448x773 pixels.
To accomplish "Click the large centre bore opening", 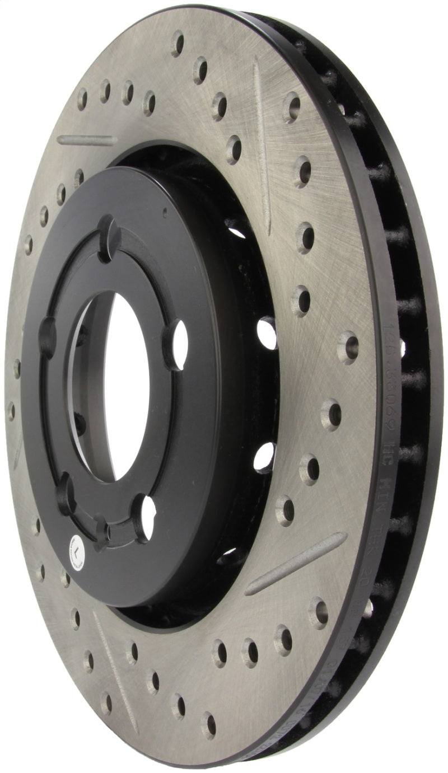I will click(126, 386).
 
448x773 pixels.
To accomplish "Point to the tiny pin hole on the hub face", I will click(164, 213).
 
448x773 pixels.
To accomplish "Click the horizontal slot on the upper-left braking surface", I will click(87, 140).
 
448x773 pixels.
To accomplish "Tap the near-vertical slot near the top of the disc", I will click(263, 146).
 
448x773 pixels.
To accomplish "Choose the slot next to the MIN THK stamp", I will click(296, 563).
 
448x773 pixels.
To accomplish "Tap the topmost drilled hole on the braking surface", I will click(178, 43).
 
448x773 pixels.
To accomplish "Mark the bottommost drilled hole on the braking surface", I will click(208, 725).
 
